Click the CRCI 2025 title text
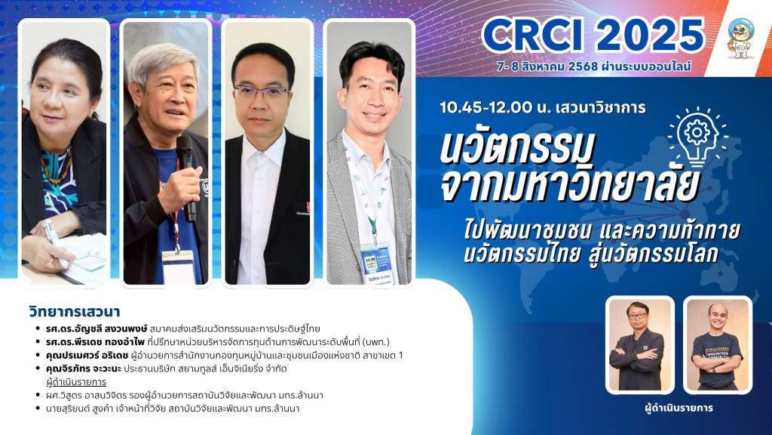(593, 35)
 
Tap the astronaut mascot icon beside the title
(740, 38)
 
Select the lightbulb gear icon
(697, 136)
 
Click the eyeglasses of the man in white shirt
(262, 91)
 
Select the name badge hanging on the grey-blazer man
(377, 262)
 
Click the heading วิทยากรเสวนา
(75, 312)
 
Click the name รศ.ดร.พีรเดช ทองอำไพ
(94, 342)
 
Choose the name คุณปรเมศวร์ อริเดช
(87, 355)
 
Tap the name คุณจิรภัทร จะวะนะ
(83, 369)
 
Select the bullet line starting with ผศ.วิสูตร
(185, 395)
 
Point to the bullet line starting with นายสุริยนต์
(173, 409)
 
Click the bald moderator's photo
(718, 344)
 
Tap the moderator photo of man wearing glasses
(639, 344)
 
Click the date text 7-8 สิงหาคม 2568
(547, 66)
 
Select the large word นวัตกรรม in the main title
(517, 147)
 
